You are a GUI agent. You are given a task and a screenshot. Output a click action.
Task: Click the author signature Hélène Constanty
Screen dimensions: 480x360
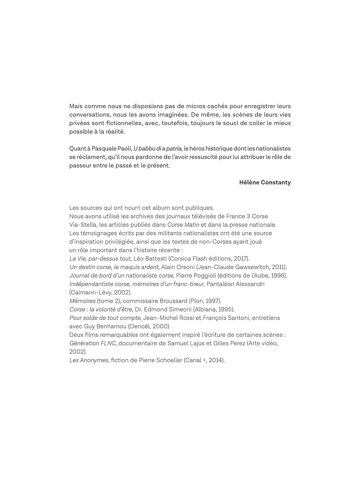[265, 182]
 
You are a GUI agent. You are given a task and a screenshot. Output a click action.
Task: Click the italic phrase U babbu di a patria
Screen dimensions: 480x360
[157, 148]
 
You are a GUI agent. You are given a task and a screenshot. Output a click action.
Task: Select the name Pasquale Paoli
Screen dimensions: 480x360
[112, 148]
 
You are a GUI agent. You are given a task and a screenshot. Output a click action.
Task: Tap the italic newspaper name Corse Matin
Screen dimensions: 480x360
[183, 225]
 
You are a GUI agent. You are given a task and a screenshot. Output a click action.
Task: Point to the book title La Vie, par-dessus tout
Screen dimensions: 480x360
[100, 259]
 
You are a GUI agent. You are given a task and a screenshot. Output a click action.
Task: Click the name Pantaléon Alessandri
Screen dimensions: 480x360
[236, 284]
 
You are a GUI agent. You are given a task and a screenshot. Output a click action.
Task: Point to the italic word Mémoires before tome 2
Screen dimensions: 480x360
[83, 301]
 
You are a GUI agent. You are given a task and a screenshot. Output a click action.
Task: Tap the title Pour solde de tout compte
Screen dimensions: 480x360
[105, 318]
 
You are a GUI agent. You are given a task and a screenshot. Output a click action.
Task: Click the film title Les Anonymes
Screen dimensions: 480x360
[89, 360]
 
